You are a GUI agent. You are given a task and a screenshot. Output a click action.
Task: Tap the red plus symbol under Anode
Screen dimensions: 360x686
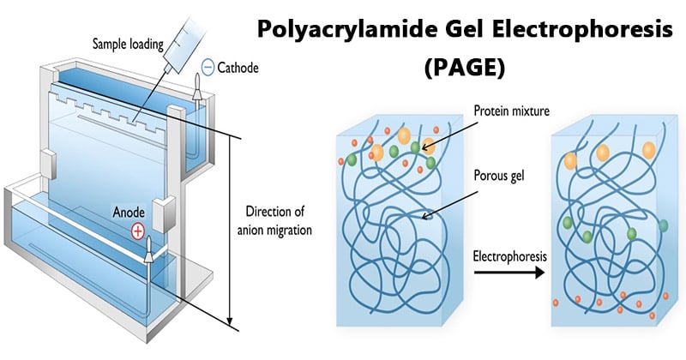[x=138, y=231]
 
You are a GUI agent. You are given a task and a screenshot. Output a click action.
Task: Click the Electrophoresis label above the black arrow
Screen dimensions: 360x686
[x=509, y=255]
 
